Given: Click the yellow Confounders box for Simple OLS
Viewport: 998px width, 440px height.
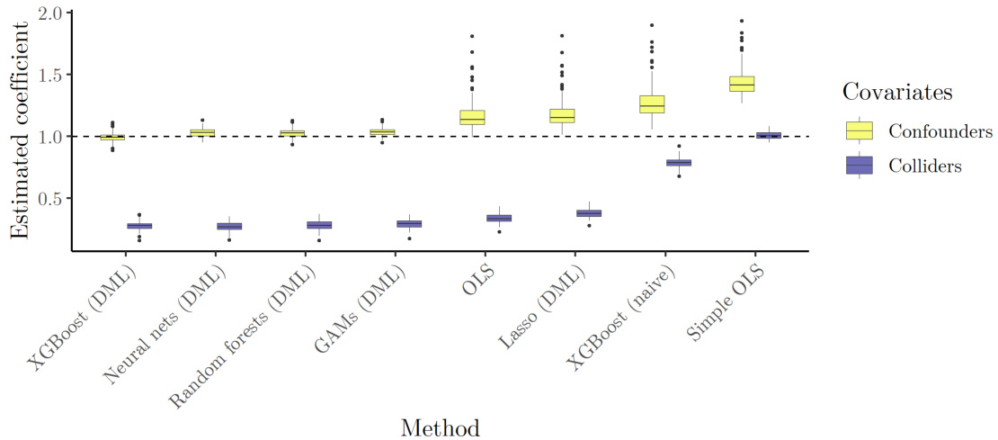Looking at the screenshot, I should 742,84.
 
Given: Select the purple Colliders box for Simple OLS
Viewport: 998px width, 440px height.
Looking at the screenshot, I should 769,136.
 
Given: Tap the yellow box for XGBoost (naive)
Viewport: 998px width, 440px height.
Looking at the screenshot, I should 652,103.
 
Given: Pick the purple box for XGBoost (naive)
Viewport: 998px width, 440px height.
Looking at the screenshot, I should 679,163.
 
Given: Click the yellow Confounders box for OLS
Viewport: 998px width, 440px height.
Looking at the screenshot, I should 472,117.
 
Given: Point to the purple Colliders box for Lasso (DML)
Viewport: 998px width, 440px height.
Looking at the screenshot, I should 589,213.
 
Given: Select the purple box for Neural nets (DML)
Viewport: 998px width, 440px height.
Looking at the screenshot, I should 229,226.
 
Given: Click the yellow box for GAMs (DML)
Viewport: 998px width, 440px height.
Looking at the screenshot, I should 382,132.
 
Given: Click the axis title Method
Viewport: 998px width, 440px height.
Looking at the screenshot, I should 440,427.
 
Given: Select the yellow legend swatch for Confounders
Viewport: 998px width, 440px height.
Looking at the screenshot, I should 860,130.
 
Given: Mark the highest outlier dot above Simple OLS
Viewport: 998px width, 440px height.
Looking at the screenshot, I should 742,21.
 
